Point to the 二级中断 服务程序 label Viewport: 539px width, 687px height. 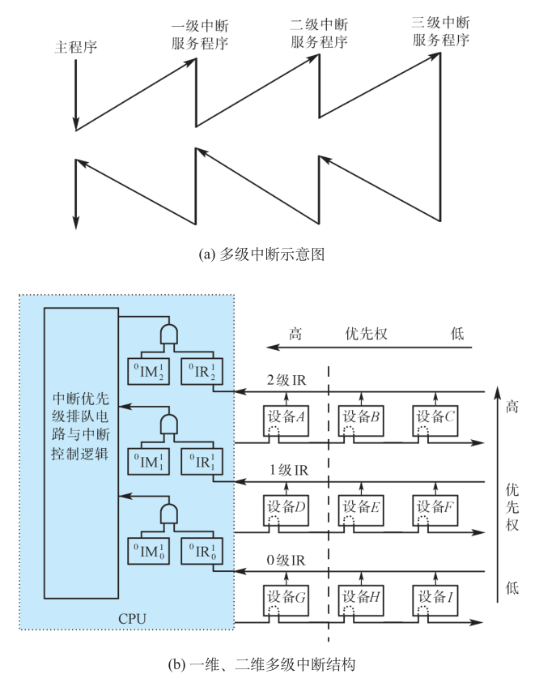tap(320, 33)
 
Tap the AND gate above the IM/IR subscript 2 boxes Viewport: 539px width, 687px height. tap(169, 333)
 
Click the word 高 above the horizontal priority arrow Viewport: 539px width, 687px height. tap(295, 334)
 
